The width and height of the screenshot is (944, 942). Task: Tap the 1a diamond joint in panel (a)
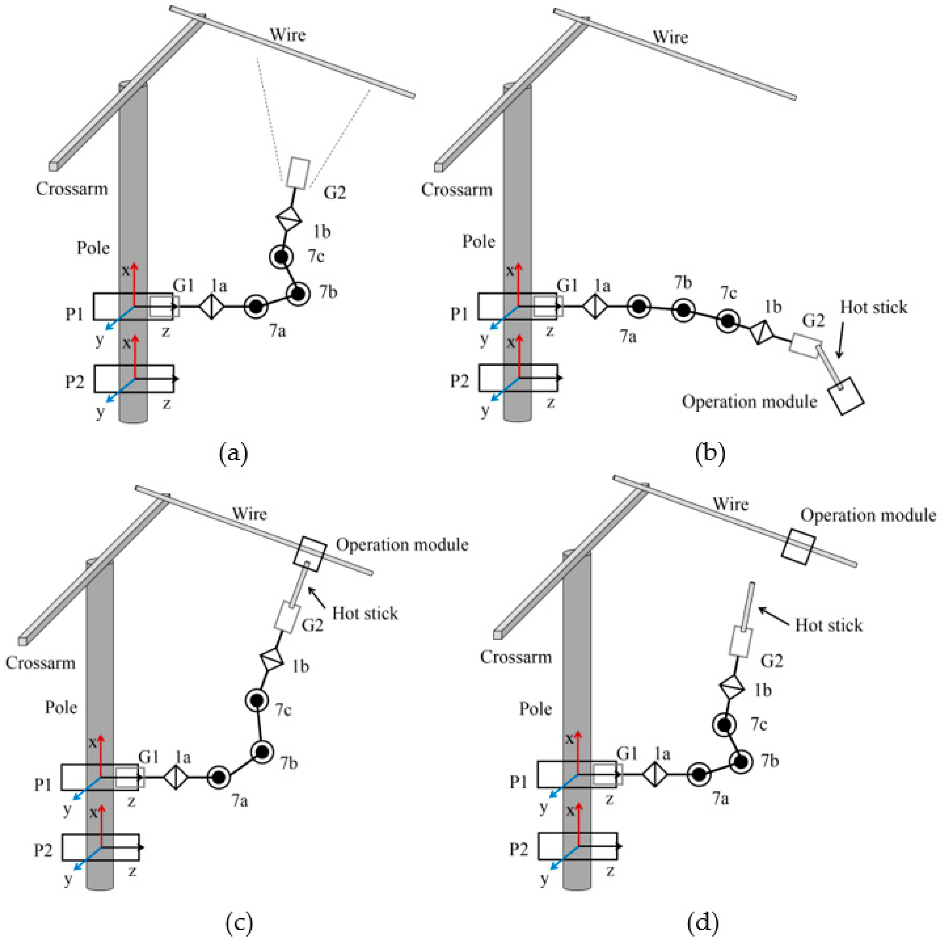coord(211,306)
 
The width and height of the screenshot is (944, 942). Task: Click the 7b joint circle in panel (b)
coord(683,309)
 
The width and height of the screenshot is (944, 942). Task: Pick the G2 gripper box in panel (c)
coord(288,618)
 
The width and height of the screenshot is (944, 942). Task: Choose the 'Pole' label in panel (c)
coord(61,707)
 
